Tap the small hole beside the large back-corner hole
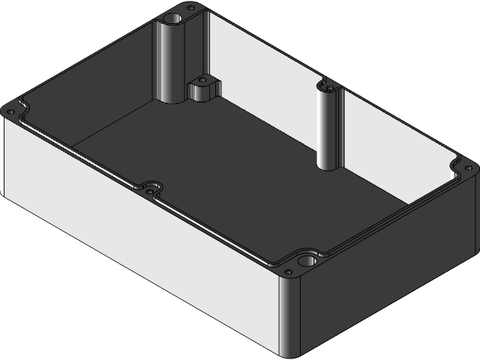[191, 8]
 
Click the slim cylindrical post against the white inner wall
[328, 127]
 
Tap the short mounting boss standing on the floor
[201, 91]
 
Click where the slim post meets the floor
[328, 166]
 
